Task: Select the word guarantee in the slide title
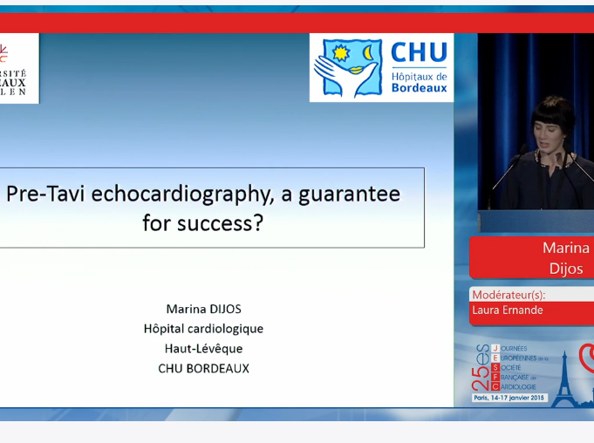click(x=349, y=194)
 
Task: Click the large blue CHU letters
click(x=419, y=53)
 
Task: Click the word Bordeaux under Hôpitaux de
click(x=419, y=88)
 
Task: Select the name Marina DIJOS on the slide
click(x=203, y=309)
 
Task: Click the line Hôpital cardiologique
click(x=203, y=329)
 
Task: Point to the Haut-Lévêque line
click(x=203, y=348)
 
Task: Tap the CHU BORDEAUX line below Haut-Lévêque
click(x=203, y=368)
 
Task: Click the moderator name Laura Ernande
click(x=507, y=310)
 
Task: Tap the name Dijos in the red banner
click(x=565, y=269)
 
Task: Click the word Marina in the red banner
click(x=565, y=249)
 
